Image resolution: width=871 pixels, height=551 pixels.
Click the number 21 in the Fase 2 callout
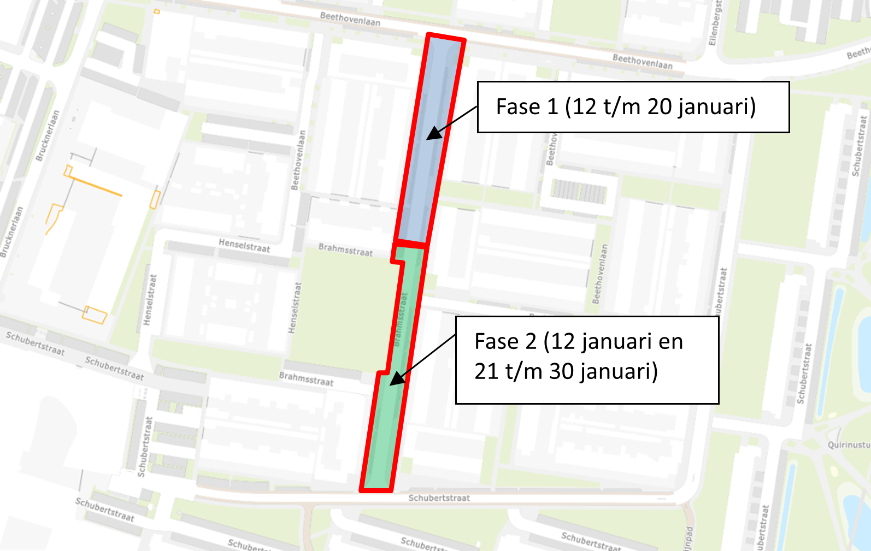coord(486,372)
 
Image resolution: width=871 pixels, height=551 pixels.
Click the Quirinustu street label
coord(849,445)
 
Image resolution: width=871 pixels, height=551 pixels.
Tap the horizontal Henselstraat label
coord(244,246)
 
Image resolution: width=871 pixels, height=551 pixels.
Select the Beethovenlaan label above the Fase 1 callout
coord(642,61)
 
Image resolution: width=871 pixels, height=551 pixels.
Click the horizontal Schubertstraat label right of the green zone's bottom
coord(439,498)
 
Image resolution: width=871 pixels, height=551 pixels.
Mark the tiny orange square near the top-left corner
coord(157,11)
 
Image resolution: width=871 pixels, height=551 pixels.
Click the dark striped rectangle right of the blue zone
coord(579,191)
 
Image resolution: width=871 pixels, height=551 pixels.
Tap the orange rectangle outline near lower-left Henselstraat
coord(94,315)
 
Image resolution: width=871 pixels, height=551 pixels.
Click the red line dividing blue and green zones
coord(410,244)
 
